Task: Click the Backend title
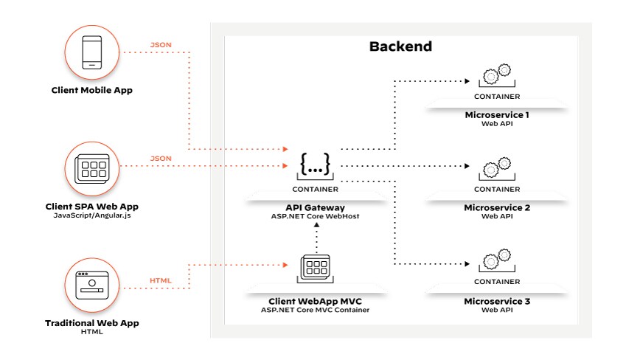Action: pos(400,46)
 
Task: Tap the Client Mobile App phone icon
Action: pos(92,53)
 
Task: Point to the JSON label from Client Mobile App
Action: pos(161,45)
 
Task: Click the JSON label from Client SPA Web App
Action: pos(161,159)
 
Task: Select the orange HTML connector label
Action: pos(161,280)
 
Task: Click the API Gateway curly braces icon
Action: pos(316,163)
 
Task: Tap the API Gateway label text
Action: pos(316,208)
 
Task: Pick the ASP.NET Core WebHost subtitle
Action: pos(316,217)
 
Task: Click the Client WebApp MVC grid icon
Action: pos(315,266)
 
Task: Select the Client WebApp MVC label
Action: pos(315,301)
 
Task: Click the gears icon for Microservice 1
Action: pos(496,75)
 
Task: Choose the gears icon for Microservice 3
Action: pos(496,260)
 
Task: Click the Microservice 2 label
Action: pos(497,208)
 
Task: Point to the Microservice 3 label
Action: pos(497,301)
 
